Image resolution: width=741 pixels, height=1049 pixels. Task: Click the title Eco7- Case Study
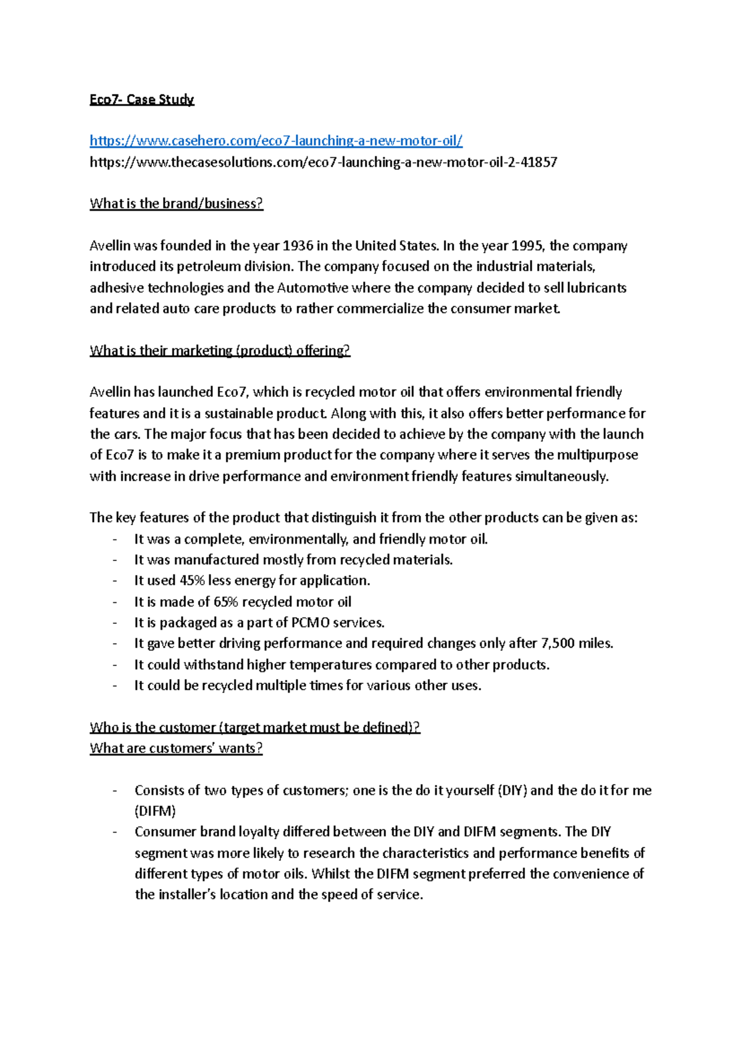pos(141,99)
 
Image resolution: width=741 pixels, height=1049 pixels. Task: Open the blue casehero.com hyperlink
pos(276,141)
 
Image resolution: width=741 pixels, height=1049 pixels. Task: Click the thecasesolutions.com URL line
pos(323,162)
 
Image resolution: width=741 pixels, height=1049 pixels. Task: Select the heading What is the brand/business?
pos(176,204)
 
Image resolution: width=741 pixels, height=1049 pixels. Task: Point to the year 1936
pos(298,246)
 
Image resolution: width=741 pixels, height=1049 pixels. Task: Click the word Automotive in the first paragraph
pos(312,288)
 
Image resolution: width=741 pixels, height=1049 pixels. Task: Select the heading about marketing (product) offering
pos(219,351)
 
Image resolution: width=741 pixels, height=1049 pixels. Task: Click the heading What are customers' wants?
pos(176,748)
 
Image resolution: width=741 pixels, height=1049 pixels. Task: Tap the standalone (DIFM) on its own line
pos(155,811)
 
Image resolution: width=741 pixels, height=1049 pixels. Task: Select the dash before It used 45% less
pos(114,581)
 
